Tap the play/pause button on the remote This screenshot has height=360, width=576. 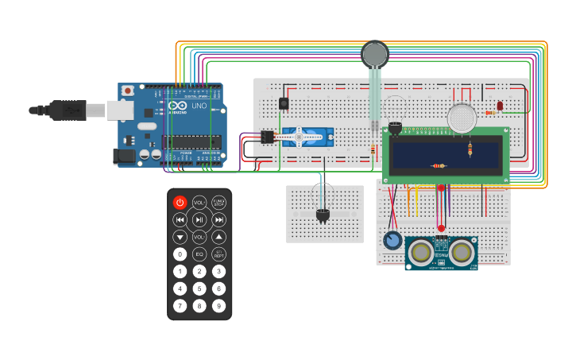click(199, 220)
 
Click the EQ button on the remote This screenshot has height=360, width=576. click(199, 254)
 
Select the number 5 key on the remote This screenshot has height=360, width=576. click(199, 288)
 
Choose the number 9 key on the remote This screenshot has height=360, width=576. click(218, 306)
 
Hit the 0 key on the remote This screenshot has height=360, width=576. click(180, 254)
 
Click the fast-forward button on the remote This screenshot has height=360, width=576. click(218, 220)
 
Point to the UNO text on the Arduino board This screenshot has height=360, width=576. click(199, 105)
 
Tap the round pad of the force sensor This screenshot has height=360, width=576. click(374, 54)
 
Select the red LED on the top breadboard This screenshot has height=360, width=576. click(500, 106)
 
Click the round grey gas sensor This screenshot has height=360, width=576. click(462, 118)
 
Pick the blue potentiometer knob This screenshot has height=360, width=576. click(391, 241)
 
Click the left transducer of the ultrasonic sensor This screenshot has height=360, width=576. click(420, 253)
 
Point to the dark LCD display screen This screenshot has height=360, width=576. click(445, 157)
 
